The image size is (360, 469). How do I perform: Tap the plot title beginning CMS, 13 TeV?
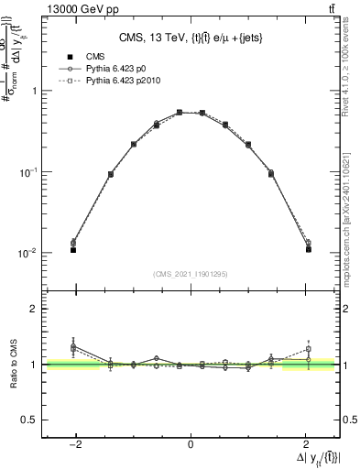(x=190, y=38)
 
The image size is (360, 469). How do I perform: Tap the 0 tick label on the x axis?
(x=191, y=445)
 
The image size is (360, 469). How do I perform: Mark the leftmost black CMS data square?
(x=73, y=249)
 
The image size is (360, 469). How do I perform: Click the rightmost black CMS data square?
(x=309, y=249)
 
